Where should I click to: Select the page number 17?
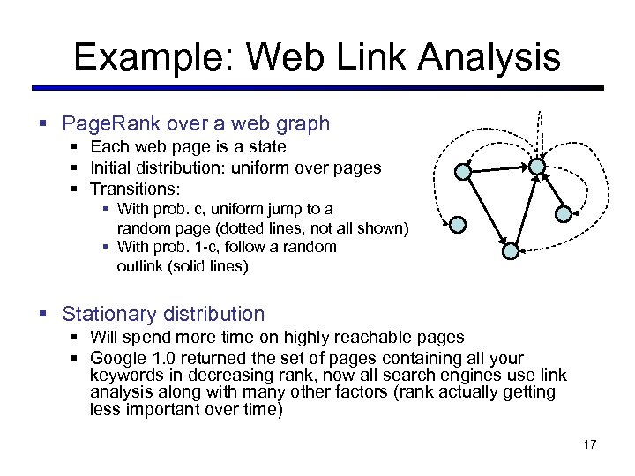590,443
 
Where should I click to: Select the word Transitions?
135,188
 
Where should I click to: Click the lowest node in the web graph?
511,251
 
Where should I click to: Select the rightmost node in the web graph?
564,212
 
